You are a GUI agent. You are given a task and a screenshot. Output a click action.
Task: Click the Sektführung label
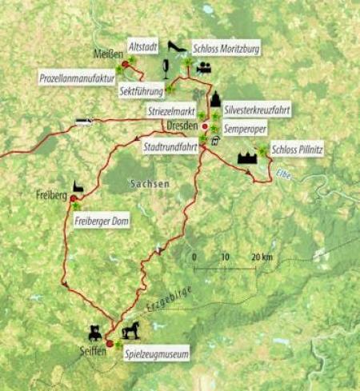click(x=142, y=93)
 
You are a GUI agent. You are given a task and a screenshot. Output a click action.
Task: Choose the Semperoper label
click(x=246, y=127)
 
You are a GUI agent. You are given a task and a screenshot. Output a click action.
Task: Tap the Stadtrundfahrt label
click(x=170, y=148)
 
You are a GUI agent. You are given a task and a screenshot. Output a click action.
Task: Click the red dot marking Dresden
click(x=205, y=126)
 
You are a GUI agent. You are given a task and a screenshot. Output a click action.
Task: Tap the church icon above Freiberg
click(x=78, y=185)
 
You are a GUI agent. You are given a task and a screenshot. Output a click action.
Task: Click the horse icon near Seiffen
click(x=132, y=329)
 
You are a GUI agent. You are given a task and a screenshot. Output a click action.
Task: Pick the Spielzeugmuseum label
click(x=156, y=351)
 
